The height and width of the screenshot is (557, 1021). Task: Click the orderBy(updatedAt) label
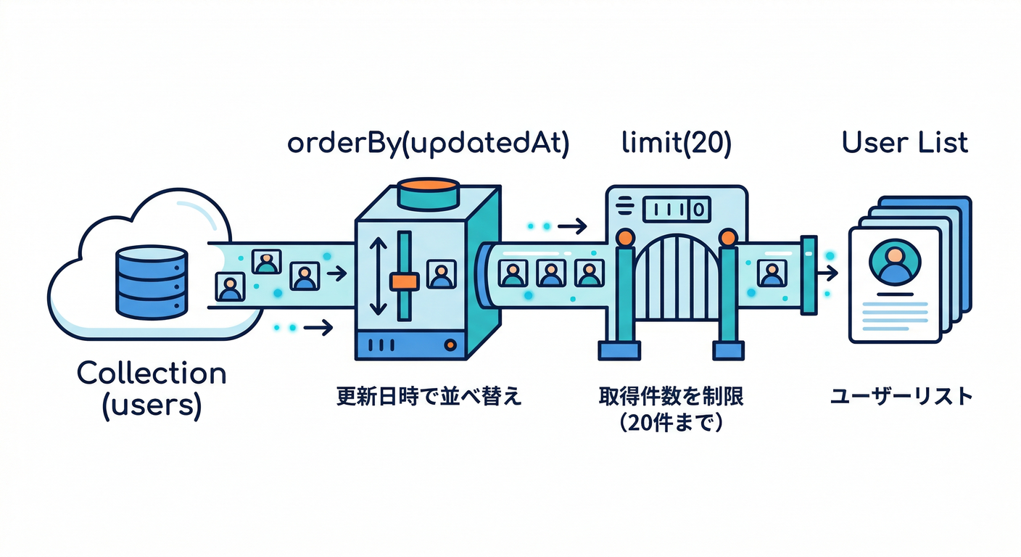tap(428, 144)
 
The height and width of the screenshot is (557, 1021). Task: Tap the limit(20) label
tap(677, 144)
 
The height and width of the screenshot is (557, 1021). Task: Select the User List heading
tap(905, 142)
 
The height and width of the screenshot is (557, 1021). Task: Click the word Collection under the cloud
tap(152, 374)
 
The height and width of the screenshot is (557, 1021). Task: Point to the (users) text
tap(152, 403)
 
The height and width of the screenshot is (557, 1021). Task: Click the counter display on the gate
tap(676, 210)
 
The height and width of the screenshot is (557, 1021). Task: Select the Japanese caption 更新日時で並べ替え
tap(429, 397)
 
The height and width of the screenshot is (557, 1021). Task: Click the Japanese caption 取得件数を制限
tap(671, 397)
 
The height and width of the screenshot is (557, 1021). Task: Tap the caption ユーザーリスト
tap(901, 397)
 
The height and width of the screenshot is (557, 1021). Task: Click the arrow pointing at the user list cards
tap(826, 274)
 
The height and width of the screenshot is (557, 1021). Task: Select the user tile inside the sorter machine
tap(441, 274)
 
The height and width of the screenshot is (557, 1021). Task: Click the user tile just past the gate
tap(770, 274)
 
